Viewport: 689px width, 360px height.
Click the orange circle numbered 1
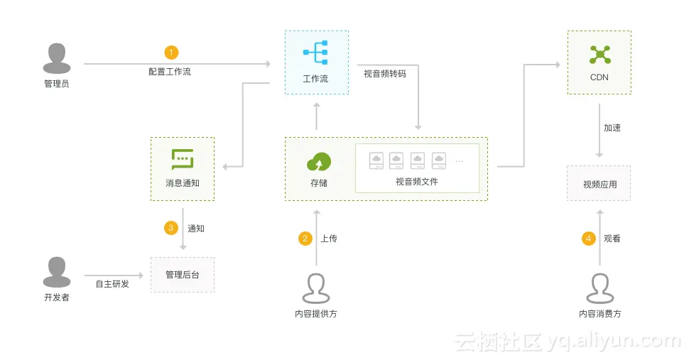[171, 53]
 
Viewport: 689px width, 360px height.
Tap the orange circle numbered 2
[305, 239]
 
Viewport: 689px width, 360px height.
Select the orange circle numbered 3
[170, 228]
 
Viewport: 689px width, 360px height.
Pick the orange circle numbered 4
[588, 239]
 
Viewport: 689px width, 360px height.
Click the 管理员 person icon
[57, 58]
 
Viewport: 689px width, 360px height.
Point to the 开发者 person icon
[57, 272]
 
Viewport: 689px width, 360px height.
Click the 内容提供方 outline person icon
[316, 288]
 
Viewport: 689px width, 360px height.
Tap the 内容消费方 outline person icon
[600, 288]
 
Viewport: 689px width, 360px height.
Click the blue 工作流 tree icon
[315, 53]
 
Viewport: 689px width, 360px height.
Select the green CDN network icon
[600, 53]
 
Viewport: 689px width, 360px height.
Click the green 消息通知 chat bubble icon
[183, 159]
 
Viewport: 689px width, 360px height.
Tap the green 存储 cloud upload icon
[318, 162]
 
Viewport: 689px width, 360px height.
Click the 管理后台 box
[183, 275]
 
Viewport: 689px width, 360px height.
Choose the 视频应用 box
[600, 184]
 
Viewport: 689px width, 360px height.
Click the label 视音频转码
[385, 73]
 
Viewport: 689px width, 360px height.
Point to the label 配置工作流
[170, 72]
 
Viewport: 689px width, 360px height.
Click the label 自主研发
[113, 284]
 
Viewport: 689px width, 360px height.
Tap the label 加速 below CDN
[612, 129]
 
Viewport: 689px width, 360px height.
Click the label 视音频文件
[417, 182]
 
